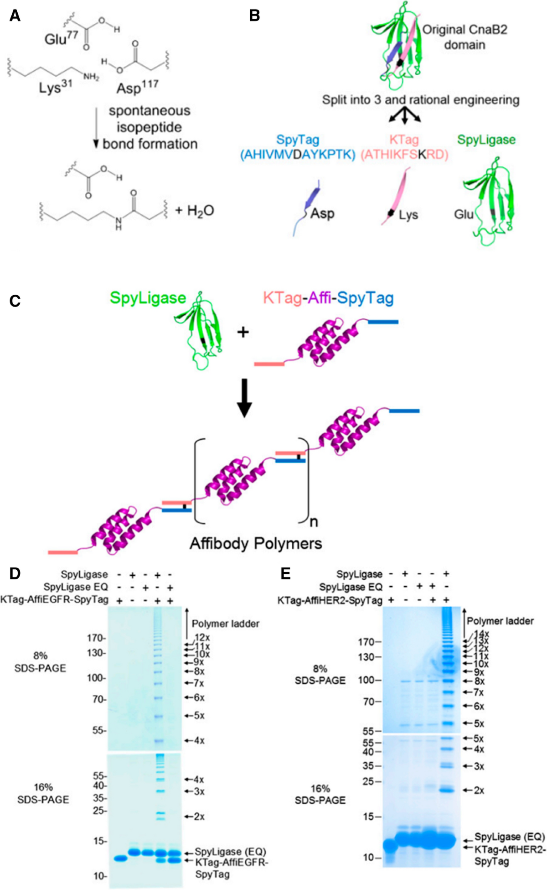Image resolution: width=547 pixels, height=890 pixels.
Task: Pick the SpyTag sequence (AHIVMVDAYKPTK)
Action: point(298,155)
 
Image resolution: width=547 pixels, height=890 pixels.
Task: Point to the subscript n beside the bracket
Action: point(314,521)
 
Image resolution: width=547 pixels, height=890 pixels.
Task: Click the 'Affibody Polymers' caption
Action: point(256,543)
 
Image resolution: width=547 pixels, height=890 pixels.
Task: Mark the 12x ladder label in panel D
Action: point(202,637)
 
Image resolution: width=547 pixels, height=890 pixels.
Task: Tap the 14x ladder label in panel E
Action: point(481,634)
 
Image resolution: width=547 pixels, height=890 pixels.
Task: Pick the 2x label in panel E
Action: point(479,790)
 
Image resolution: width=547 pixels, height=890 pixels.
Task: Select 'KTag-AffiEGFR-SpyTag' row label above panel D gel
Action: point(54,599)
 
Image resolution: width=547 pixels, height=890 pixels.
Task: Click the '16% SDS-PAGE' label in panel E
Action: point(320,794)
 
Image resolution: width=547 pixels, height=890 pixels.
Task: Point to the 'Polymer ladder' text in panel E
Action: point(500,621)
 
